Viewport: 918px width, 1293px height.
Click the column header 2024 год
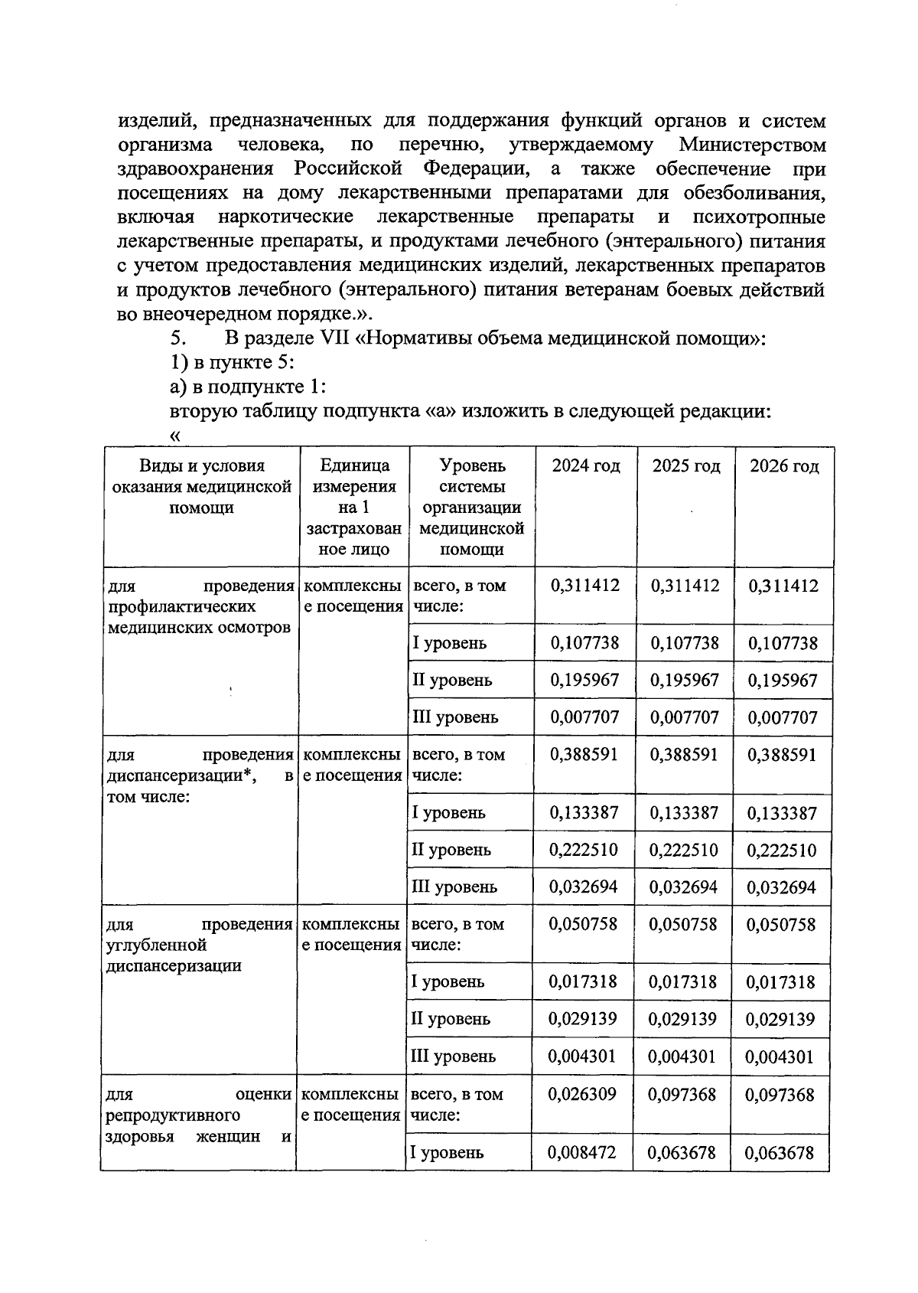(585, 465)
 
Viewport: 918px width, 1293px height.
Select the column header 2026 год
(783, 465)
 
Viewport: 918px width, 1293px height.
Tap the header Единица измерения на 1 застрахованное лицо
(353, 507)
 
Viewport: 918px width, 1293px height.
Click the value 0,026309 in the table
(582, 1094)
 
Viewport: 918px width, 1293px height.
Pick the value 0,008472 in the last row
(582, 1152)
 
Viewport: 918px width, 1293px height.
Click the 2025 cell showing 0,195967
(685, 680)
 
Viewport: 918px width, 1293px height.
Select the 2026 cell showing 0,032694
(781, 887)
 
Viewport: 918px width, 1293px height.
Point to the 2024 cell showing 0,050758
(583, 924)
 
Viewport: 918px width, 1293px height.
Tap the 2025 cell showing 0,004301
(682, 1056)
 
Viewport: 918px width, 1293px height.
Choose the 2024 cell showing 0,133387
(584, 812)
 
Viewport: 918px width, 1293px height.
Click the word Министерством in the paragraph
(753, 145)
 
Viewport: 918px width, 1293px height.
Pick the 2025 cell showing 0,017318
(683, 981)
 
